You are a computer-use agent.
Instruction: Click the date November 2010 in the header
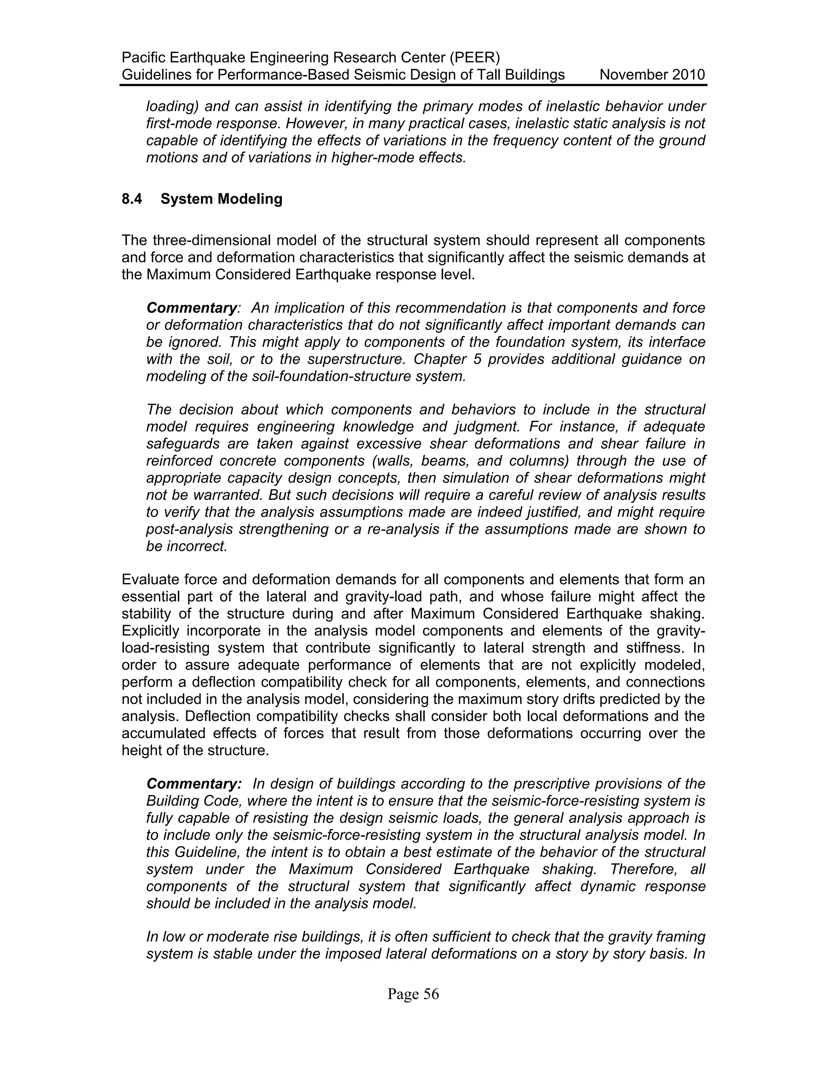(x=652, y=75)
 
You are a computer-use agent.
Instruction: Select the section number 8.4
(x=132, y=199)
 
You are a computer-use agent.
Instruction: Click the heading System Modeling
(x=221, y=199)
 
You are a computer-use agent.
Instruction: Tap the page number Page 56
(x=413, y=994)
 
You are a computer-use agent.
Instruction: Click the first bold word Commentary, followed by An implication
(x=191, y=308)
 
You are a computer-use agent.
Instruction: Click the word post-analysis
(x=188, y=529)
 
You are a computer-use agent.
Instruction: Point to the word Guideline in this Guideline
(x=206, y=852)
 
